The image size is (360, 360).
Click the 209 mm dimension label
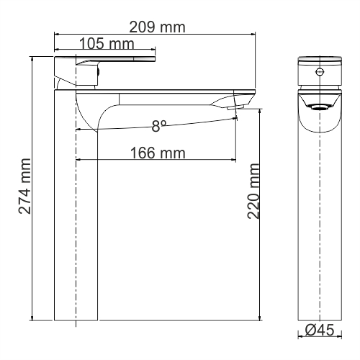click(x=157, y=27)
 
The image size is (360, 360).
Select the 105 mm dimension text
click(x=107, y=44)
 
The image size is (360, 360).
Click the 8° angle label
click(x=159, y=125)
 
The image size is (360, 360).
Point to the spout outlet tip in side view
click(x=235, y=107)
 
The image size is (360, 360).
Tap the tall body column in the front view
click(x=319, y=230)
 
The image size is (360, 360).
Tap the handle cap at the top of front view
click(x=319, y=60)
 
